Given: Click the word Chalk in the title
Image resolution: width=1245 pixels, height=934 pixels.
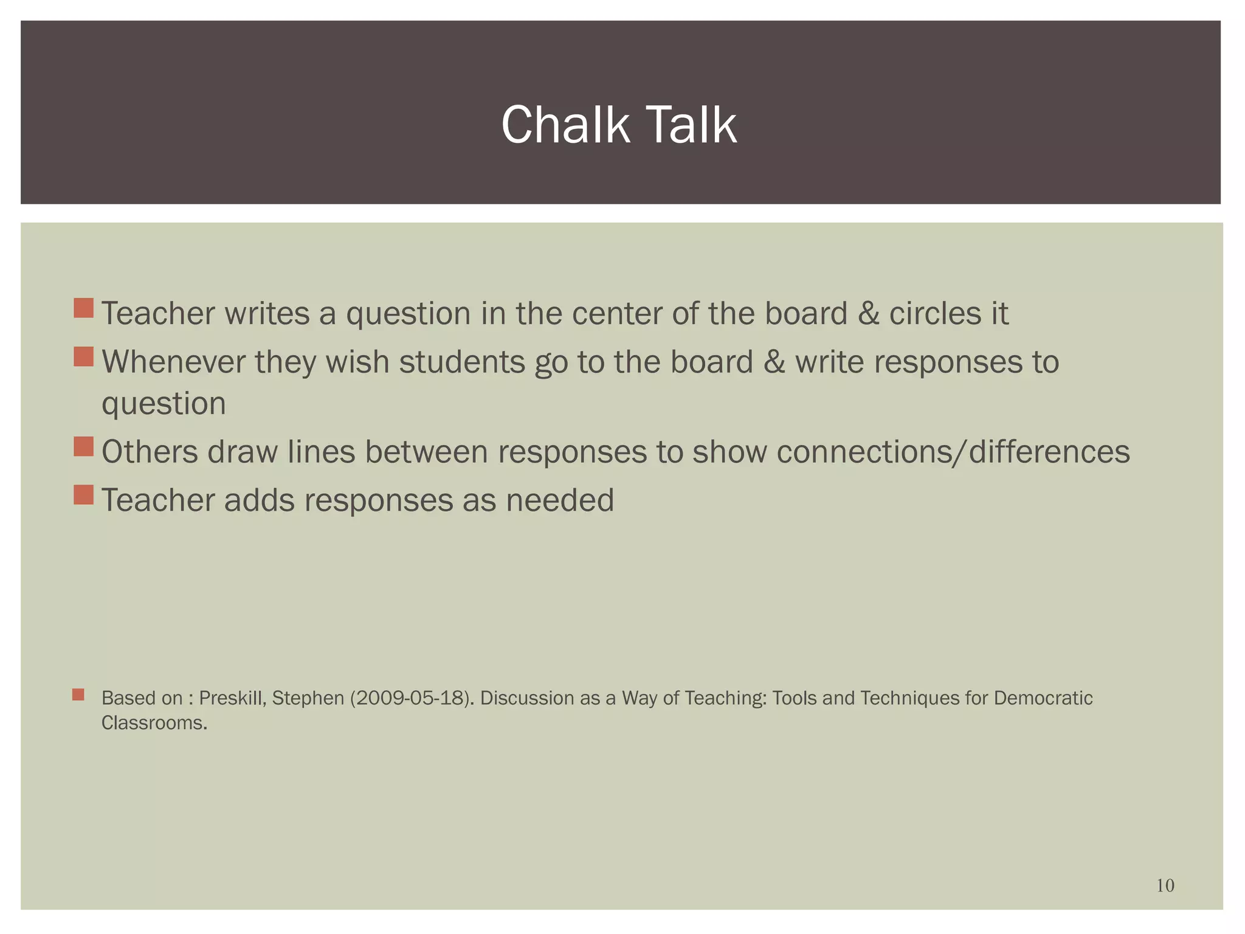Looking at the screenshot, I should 565,125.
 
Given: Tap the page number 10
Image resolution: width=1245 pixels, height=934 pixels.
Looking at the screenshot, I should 1165,886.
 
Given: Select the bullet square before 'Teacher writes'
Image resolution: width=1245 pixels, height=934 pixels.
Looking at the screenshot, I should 83,308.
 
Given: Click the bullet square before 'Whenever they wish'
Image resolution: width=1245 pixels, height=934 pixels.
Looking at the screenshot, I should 83,357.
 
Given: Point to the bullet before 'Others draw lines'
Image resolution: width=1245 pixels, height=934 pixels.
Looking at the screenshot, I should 83,446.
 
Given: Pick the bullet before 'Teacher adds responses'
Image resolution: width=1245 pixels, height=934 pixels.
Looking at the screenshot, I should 83,495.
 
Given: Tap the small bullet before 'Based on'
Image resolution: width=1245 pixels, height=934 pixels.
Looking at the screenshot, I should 78,694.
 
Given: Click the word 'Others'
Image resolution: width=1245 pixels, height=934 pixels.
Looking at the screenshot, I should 150,452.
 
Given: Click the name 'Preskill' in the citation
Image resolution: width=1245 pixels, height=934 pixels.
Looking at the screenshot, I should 232,698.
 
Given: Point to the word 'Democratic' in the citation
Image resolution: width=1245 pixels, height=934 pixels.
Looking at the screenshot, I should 1043,698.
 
